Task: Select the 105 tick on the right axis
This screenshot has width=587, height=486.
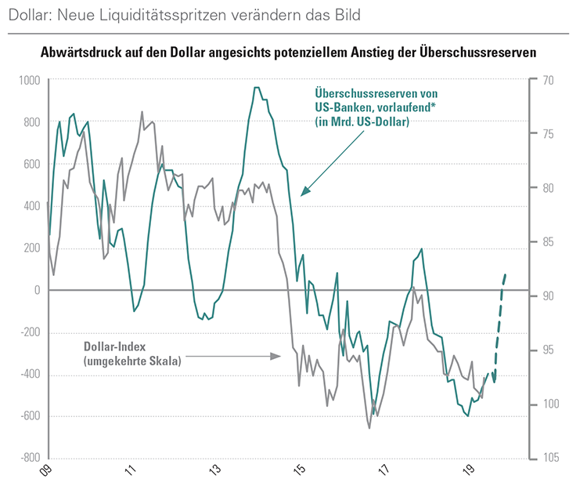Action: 547,458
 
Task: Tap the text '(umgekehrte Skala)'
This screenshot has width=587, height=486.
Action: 131,361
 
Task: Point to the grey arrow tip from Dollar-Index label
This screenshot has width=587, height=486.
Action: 279,356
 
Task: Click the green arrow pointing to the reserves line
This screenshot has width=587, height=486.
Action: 333,161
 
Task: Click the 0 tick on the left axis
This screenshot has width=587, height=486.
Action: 36,290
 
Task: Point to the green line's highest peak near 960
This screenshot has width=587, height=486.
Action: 257,88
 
